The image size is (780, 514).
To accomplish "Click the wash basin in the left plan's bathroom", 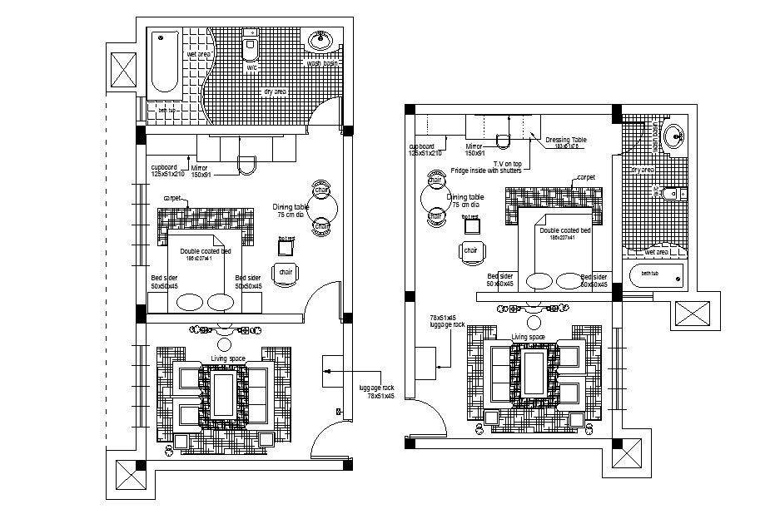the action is click(321, 41).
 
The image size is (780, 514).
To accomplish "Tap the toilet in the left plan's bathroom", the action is click(251, 48).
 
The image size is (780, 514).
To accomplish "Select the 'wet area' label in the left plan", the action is click(198, 54).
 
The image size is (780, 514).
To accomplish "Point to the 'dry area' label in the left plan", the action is click(275, 91).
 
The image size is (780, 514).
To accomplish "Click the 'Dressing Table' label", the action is click(565, 140).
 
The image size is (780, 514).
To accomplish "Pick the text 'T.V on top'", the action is click(507, 163).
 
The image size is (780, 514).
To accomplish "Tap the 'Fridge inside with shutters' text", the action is click(486, 171).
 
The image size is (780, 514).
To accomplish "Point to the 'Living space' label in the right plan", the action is click(528, 337).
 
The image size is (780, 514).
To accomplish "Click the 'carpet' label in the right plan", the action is click(586, 177).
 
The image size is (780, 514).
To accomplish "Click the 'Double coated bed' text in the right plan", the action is click(565, 230).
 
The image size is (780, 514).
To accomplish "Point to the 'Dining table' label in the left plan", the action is click(291, 207).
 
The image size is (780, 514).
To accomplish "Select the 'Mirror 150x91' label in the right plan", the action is click(474, 149).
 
